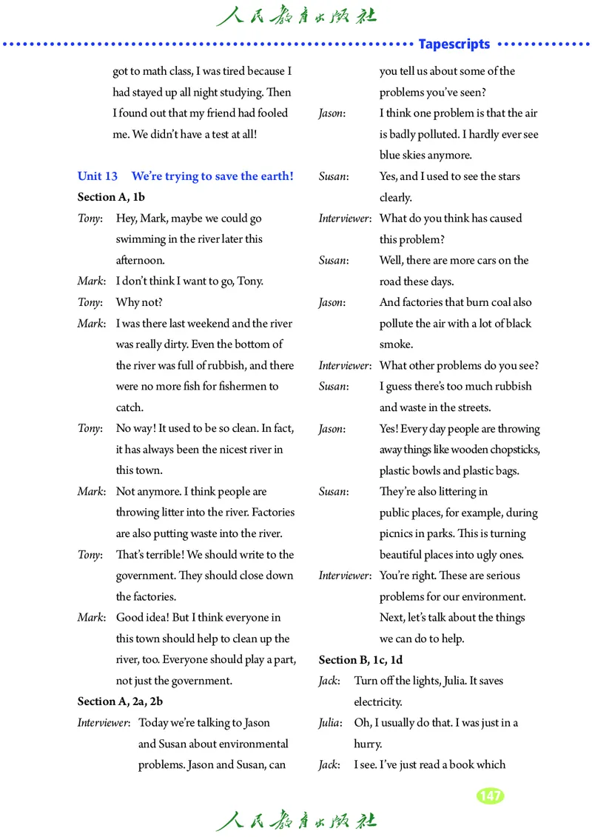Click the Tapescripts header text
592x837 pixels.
click(454, 44)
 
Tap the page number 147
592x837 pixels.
click(490, 796)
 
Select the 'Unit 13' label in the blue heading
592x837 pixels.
click(98, 176)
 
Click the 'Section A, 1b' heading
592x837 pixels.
click(111, 197)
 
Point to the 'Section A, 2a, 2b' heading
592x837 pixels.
click(120, 701)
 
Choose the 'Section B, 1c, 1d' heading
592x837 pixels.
click(360, 659)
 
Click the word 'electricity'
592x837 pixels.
click(377, 701)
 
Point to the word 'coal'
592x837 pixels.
click(498, 302)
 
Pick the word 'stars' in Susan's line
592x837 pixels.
click(505, 176)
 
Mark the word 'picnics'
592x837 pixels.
click(398, 533)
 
